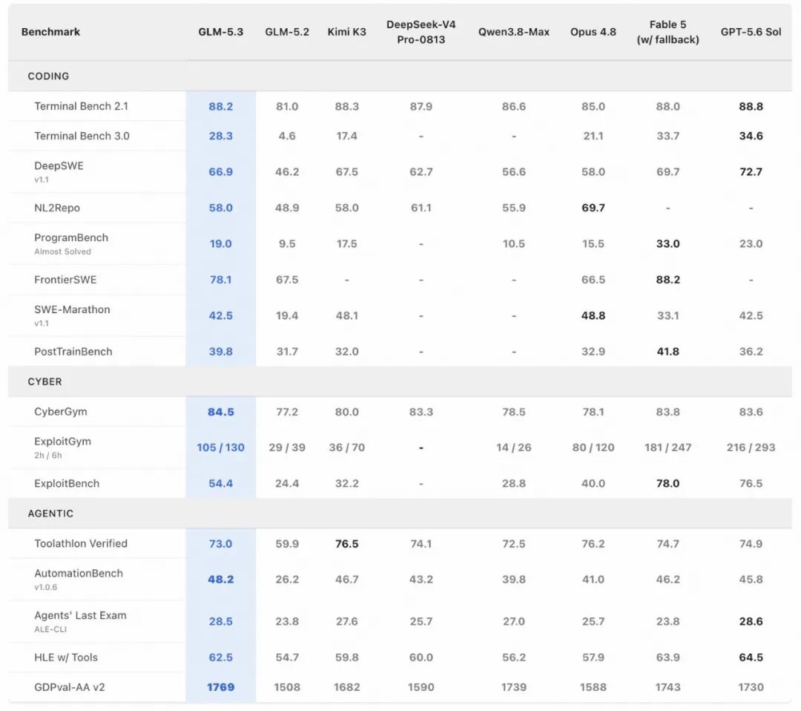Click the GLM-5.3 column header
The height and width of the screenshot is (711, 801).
pyautogui.click(x=221, y=32)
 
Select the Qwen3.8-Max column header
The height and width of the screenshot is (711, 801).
pyautogui.click(x=514, y=32)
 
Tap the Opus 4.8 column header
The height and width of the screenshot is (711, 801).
pyautogui.click(x=593, y=32)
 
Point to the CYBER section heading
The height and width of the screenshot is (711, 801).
pyautogui.click(x=45, y=381)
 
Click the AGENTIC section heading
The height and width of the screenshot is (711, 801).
pyautogui.click(x=50, y=514)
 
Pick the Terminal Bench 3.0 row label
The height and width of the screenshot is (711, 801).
pyautogui.click(x=82, y=136)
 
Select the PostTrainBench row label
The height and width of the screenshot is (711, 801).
pyautogui.click(x=73, y=352)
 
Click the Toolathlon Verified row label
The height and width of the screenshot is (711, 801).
pyautogui.click(x=81, y=543)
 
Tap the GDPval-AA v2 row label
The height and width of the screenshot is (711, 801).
pyautogui.click(x=70, y=687)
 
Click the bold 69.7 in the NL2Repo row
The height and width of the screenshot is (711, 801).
pyautogui.click(x=593, y=208)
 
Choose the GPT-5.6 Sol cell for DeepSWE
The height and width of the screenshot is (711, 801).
pyautogui.click(x=751, y=171)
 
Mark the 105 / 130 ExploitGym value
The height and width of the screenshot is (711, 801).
pyautogui.click(x=221, y=448)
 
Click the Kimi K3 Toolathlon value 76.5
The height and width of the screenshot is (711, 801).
pyautogui.click(x=347, y=544)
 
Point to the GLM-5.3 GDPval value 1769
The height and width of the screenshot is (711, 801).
pyautogui.click(x=221, y=687)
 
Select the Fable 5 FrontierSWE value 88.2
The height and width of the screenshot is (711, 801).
pyautogui.click(x=667, y=280)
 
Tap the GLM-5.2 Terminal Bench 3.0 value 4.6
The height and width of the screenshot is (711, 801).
pyautogui.click(x=287, y=136)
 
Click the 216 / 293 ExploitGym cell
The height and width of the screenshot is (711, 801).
pyautogui.click(x=751, y=448)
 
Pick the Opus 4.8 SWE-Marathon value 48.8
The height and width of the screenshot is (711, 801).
pyautogui.click(x=593, y=316)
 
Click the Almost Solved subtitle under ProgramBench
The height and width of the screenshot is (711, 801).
pyautogui.click(x=62, y=252)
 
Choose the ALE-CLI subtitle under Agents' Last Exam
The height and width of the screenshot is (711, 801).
pyautogui.click(x=50, y=629)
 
